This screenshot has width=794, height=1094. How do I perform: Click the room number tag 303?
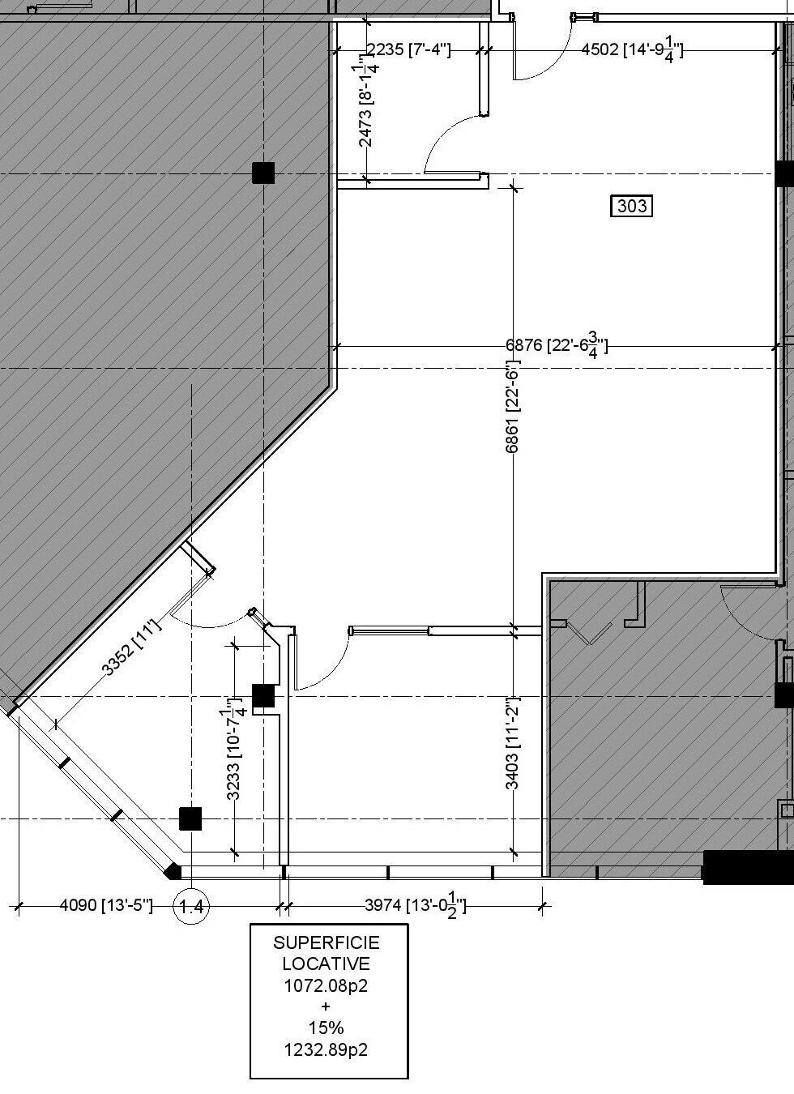pyautogui.click(x=632, y=206)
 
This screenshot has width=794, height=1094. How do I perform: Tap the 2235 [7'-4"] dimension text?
pyautogui.click(x=408, y=49)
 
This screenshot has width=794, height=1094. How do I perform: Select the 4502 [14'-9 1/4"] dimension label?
pyautogui.click(x=632, y=50)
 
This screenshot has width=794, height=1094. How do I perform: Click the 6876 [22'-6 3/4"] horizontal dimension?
pyautogui.click(x=557, y=345)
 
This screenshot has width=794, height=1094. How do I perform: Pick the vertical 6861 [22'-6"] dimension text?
pyautogui.click(x=512, y=406)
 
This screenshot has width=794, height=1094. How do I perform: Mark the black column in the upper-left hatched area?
pyautogui.click(x=263, y=173)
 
